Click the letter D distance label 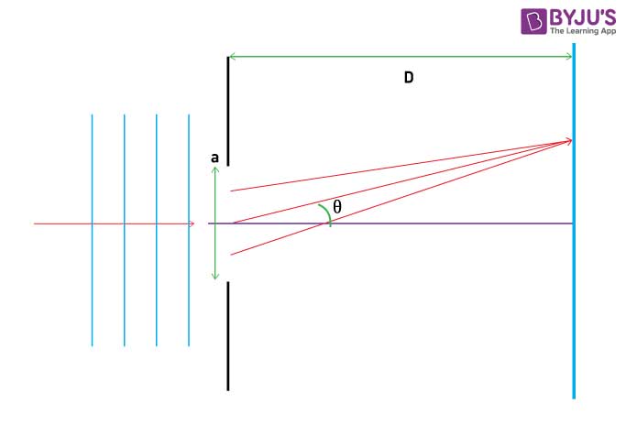409,77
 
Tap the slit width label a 214,158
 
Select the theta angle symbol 337,207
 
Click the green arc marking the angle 327,213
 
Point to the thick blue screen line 574,221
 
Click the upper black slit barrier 228,112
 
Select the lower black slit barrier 228,336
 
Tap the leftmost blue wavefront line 92,230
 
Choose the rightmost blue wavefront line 189,230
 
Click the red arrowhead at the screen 568,140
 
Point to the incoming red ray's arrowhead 192,223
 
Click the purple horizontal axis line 390,223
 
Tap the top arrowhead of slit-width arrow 215,170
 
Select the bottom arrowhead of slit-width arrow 215,276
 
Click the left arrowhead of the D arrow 233,57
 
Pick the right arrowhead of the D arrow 568,57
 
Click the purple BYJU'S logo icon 533,22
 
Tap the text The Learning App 583,31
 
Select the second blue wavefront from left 124,230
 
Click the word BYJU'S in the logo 583,17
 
